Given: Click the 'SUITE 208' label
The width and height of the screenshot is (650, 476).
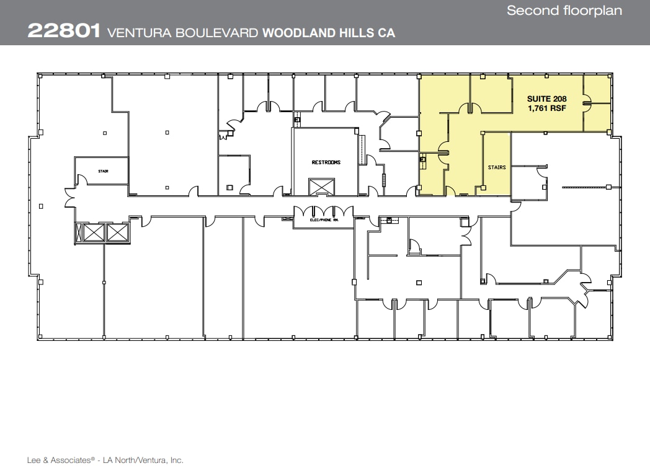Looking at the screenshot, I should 546,99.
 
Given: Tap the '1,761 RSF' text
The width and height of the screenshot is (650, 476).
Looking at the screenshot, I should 546,108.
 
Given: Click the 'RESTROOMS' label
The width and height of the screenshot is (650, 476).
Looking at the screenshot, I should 326,162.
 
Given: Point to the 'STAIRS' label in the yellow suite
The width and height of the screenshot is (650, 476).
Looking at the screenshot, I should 497,167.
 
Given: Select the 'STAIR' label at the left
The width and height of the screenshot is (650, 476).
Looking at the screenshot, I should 103,171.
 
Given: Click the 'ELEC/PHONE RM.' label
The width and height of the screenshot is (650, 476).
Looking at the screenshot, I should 323,219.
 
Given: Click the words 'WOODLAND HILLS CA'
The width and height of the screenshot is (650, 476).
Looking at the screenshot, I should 329,33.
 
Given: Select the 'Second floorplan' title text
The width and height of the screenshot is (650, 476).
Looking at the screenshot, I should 564,11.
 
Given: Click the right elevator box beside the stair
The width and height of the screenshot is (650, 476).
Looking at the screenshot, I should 117,233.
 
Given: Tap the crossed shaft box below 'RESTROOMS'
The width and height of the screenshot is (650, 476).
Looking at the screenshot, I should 321,187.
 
